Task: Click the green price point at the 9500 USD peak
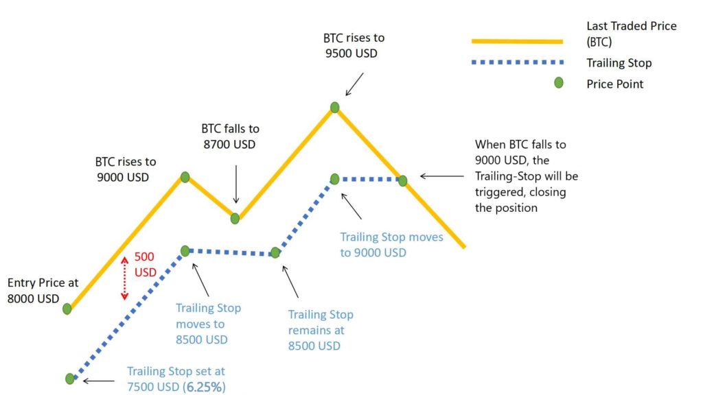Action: coord(334,108)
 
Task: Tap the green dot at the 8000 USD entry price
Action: coord(67,309)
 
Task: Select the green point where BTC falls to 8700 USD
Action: coord(235,219)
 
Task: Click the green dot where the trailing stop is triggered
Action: coord(402,180)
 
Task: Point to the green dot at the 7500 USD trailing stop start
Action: coord(69,379)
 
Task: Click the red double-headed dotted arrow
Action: coord(125,278)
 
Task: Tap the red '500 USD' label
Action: coord(146,264)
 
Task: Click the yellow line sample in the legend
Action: coord(517,42)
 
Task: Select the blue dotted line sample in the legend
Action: coord(518,62)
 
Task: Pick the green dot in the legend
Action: coord(559,83)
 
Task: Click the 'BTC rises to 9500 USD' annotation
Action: coord(354,46)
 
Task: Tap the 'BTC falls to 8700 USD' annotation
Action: coord(230,136)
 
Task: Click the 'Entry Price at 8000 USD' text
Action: coord(43,291)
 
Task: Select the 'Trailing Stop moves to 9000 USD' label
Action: coord(391,245)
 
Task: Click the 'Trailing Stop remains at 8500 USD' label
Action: coord(321,330)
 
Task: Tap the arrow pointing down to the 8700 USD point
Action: coord(236,184)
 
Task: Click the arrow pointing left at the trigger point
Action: coord(441,176)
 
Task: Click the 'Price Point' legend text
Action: coord(614,84)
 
